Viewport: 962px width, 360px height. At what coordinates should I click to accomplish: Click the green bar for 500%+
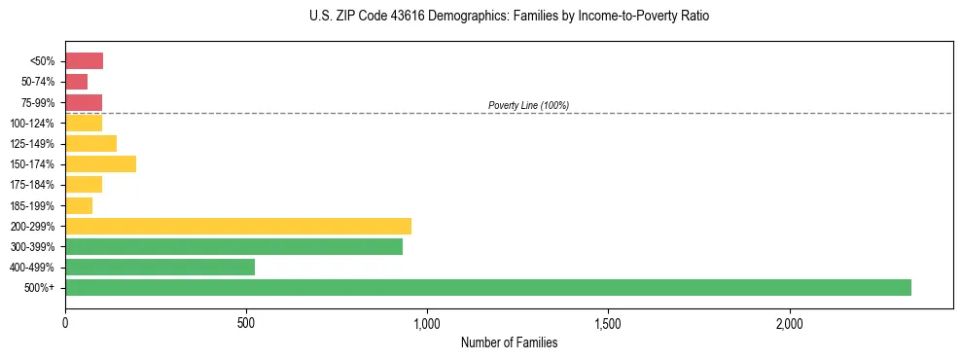point(487,287)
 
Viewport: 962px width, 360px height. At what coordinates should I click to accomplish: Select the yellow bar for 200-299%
point(238,226)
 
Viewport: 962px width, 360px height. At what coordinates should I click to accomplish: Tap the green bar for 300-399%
point(233,246)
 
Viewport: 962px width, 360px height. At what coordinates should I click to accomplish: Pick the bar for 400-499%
point(160,267)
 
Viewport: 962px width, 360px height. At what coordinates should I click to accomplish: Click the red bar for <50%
point(84,61)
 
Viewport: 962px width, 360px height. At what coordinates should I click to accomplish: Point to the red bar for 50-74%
point(76,82)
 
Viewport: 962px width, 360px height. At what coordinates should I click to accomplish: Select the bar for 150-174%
point(100,163)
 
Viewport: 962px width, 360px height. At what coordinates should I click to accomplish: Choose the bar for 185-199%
point(79,205)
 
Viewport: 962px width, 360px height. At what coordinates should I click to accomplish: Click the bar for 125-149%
point(90,143)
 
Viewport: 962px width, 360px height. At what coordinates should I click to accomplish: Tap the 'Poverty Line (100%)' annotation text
point(528,105)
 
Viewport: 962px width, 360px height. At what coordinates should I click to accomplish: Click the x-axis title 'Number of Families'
point(509,342)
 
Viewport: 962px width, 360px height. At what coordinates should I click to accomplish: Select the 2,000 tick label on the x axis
point(789,323)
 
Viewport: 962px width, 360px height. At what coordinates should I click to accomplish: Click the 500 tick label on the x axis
point(246,323)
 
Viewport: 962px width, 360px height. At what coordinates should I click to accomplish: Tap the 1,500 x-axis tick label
point(608,323)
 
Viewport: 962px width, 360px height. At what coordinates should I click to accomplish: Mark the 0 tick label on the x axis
point(65,323)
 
